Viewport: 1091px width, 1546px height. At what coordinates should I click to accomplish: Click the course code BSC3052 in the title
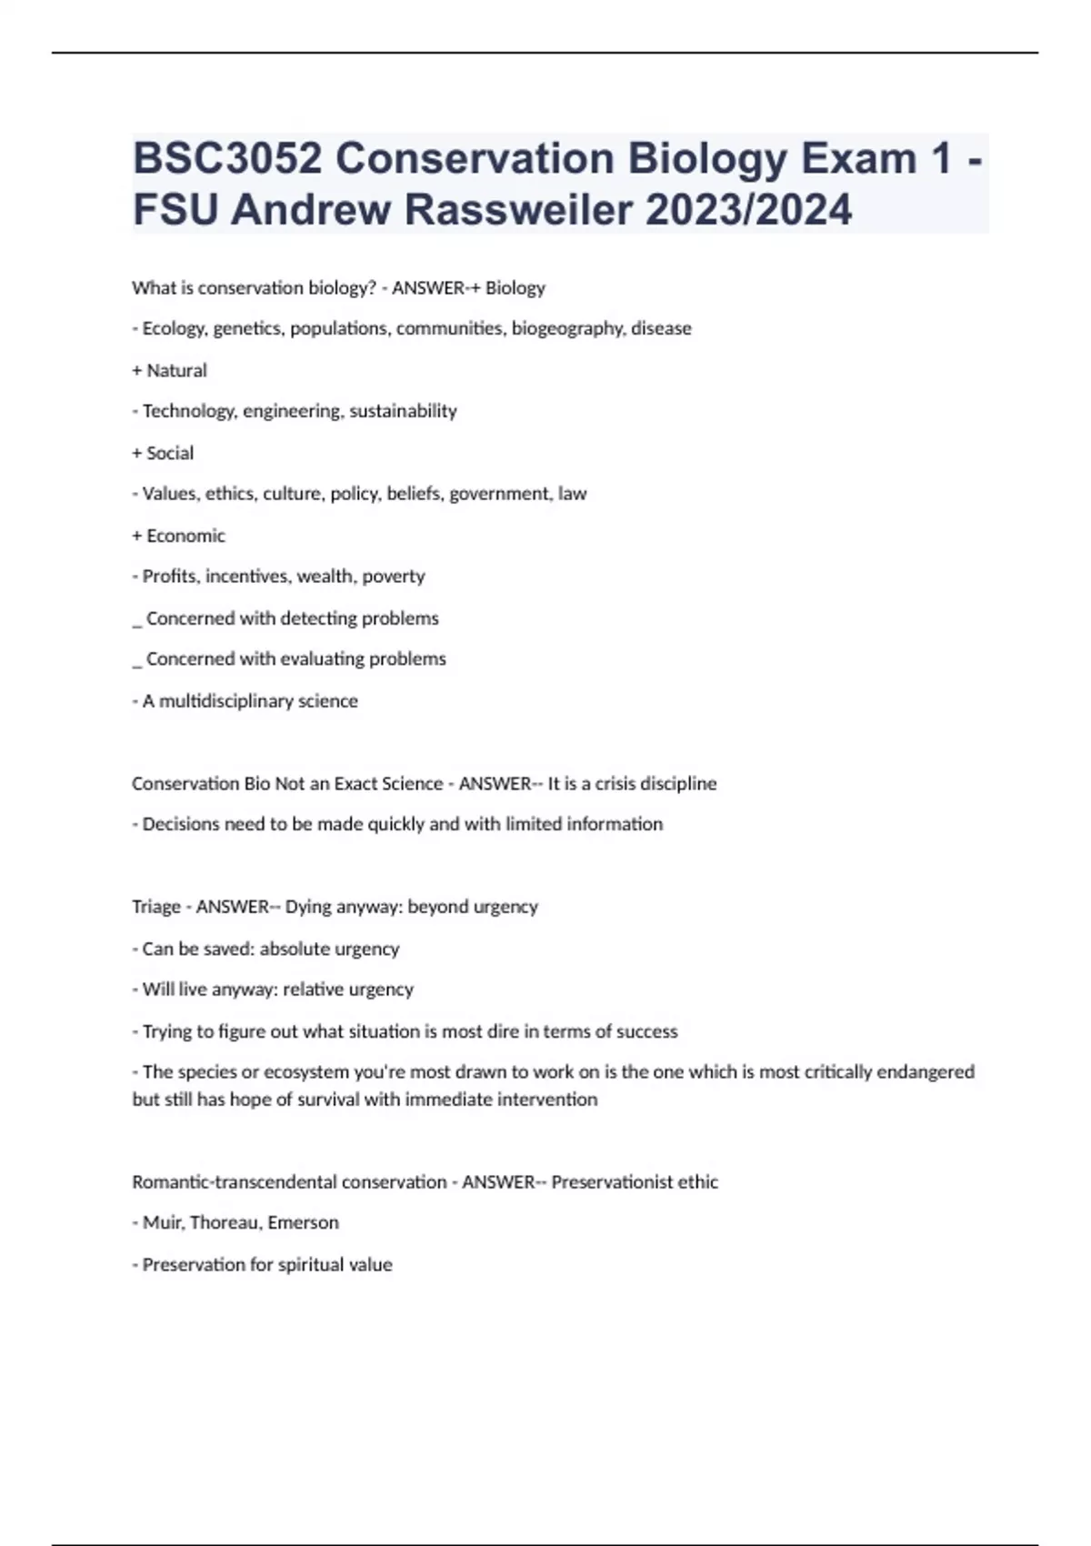point(227,159)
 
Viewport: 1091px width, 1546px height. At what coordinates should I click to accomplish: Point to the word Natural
point(176,370)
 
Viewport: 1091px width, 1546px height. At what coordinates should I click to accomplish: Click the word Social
point(170,453)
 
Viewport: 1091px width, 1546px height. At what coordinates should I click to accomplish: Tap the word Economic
point(185,536)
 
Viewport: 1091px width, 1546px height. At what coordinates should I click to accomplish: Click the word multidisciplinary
point(226,701)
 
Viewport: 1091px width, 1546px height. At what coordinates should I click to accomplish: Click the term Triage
point(155,907)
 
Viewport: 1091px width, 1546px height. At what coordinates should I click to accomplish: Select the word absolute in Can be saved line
point(295,949)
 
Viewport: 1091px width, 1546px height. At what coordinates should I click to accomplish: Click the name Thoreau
point(224,1223)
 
